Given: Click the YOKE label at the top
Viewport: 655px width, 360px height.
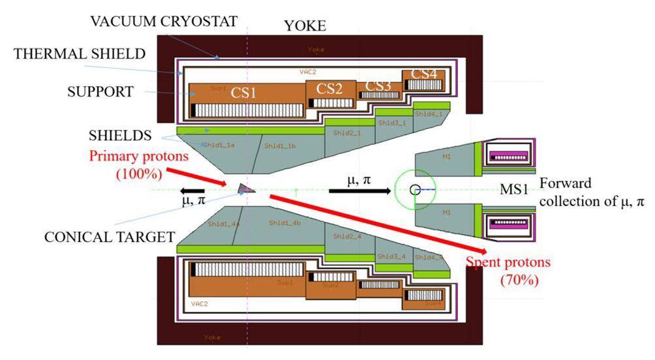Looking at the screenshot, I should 305,26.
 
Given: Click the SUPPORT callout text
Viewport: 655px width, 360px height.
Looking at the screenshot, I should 100,92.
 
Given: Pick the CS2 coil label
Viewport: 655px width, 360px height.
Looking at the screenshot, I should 329,89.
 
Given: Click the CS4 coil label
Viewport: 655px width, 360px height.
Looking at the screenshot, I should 424,74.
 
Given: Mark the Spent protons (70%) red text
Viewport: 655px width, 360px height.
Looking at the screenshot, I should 509,271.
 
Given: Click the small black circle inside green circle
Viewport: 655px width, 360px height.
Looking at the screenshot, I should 415,190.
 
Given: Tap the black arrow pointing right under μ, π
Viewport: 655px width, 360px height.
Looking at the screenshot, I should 359,191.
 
